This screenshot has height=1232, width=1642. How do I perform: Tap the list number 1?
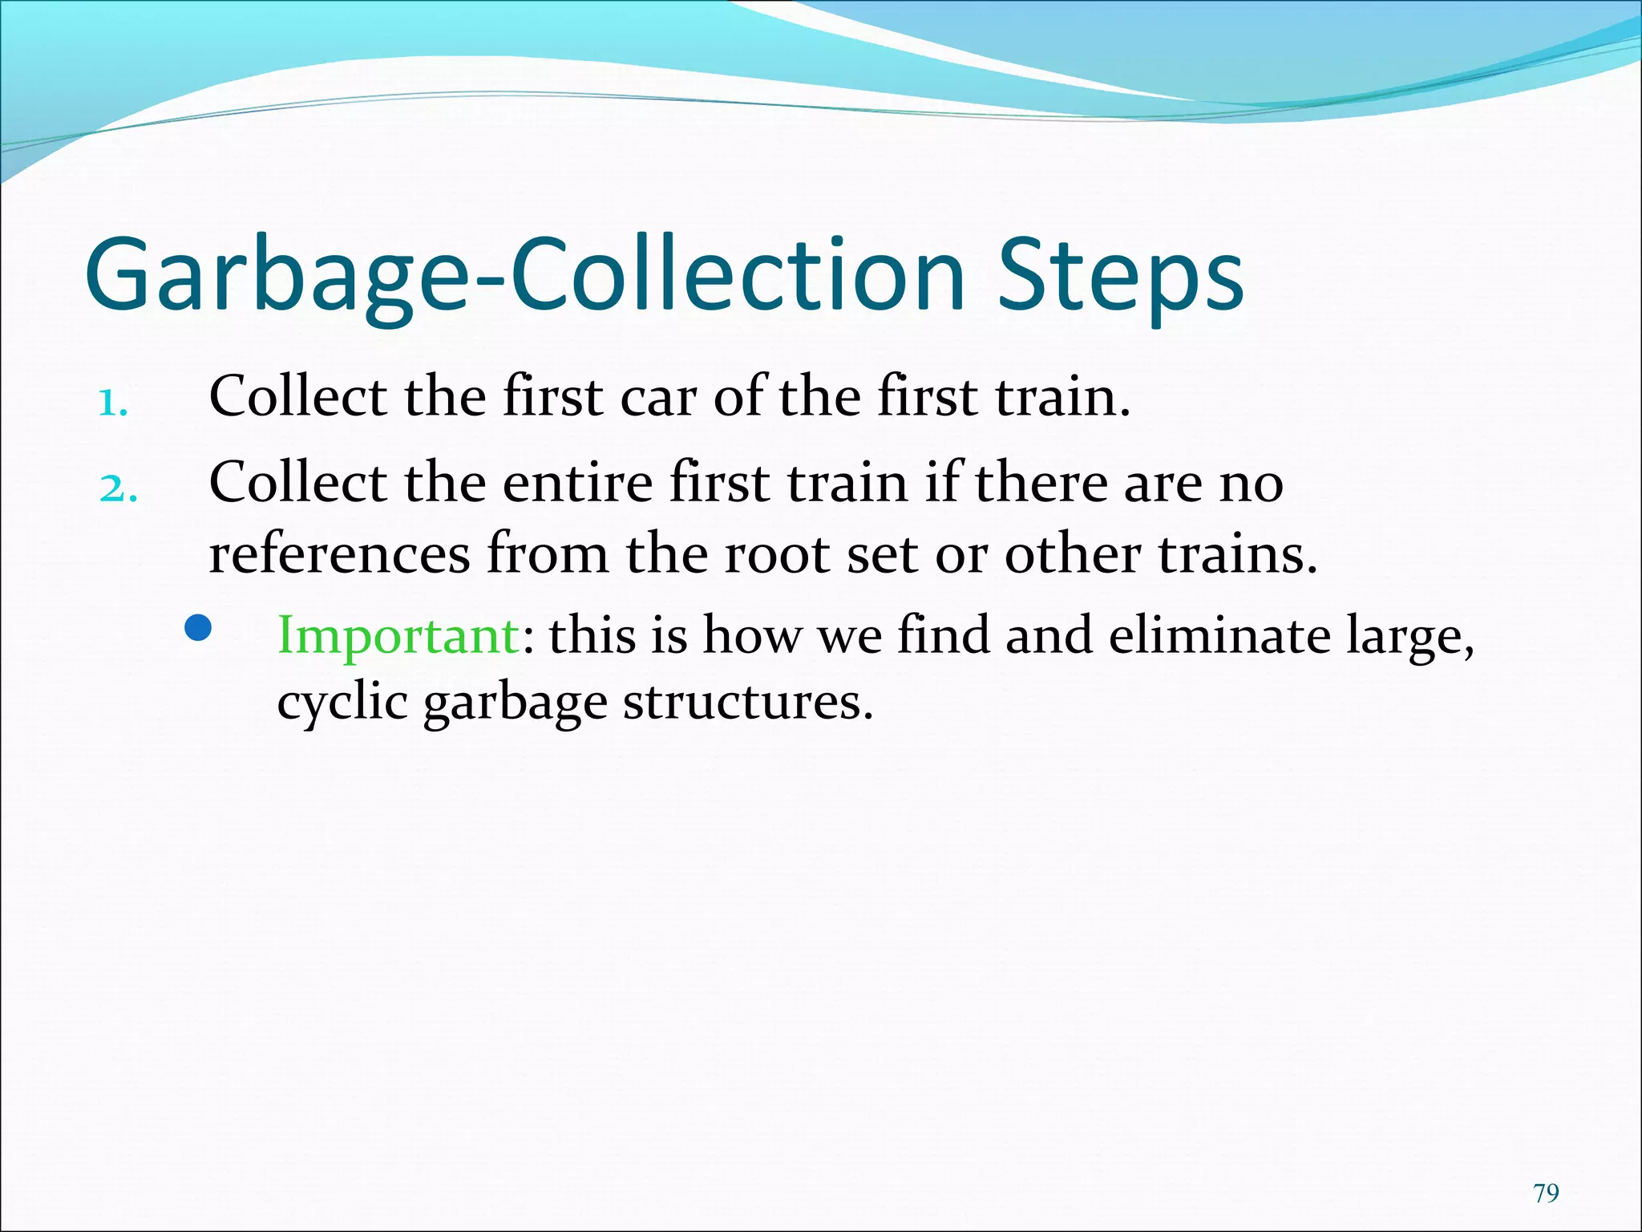click(112, 403)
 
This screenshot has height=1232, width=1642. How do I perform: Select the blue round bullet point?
click(197, 629)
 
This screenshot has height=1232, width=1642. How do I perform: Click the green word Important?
click(398, 635)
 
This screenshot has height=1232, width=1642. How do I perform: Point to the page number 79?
click(1546, 1193)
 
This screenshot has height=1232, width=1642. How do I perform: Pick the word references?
click(339, 555)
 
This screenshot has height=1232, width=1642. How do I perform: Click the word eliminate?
click(1217, 635)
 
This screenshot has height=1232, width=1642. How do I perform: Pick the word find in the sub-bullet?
click(944, 635)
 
